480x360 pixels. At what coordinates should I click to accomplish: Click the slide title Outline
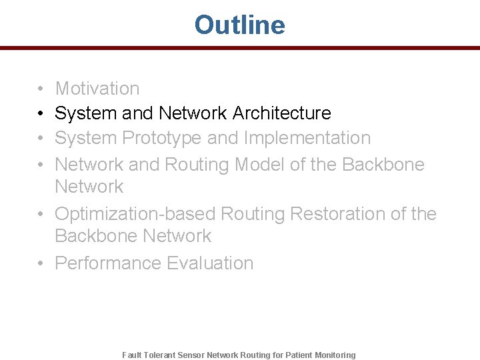tap(239, 25)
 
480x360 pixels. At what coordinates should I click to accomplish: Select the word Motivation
tap(97, 89)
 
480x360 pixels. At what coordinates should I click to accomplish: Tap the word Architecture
tap(281, 113)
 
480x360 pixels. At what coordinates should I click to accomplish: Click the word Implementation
tap(307, 138)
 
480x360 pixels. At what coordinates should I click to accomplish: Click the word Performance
tap(108, 263)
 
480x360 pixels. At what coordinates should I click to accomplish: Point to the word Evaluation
tap(210, 263)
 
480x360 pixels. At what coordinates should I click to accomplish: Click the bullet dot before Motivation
tap(41, 89)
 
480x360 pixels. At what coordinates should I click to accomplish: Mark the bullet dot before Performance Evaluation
tap(41, 264)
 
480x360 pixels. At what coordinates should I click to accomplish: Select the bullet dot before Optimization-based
tap(41, 215)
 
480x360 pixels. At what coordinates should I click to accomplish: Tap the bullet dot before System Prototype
tap(41, 139)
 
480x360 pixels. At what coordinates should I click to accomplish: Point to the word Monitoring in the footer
tap(336, 355)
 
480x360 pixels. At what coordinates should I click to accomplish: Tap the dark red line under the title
tap(240, 48)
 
